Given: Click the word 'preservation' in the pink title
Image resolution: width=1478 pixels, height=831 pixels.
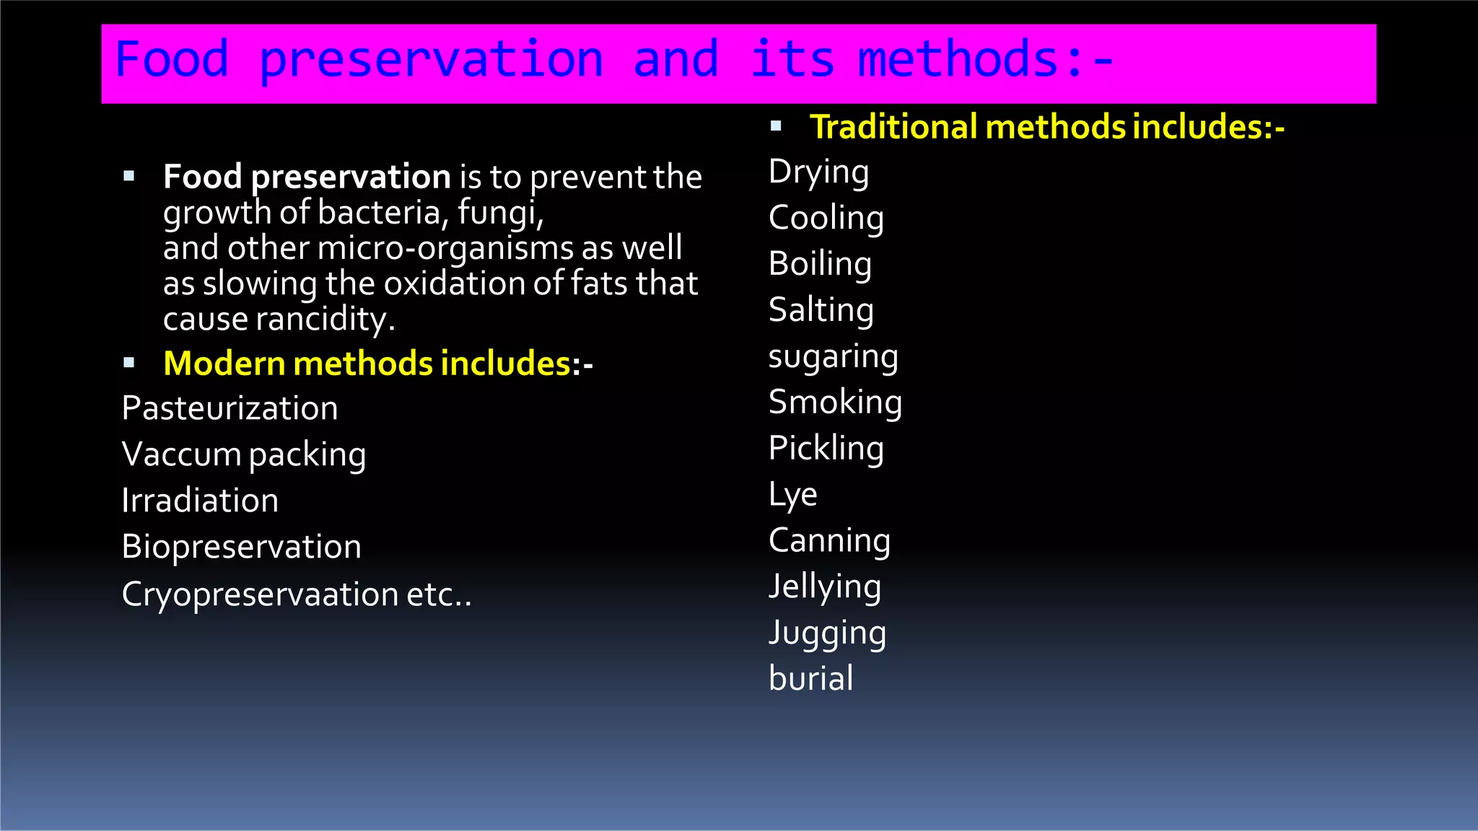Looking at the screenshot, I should click(x=431, y=61).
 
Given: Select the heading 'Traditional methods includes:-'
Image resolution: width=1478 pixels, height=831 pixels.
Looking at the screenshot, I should click(x=1046, y=127).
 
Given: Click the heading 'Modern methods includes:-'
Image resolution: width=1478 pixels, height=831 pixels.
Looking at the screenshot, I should click(x=377, y=364).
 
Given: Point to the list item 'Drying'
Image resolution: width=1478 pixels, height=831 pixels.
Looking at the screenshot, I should click(x=818, y=173).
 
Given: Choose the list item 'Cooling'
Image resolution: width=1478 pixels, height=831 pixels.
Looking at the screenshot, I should click(x=826, y=219).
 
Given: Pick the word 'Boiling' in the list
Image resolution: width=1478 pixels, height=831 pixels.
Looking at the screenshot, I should click(x=820, y=265).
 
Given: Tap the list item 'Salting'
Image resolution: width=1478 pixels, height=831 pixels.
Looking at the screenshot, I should click(x=821, y=311).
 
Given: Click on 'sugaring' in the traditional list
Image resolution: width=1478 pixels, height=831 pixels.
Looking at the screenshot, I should click(x=833, y=358).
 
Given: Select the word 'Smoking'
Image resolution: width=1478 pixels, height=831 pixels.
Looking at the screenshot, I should click(x=835, y=403).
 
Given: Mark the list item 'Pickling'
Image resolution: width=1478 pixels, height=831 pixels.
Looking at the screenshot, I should click(x=826, y=449).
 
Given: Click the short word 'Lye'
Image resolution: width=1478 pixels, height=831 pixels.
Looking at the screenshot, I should click(x=792, y=496).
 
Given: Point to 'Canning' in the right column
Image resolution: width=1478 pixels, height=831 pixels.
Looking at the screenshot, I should click(x=829, y=541).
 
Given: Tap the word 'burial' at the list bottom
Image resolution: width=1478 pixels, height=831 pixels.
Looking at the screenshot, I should click(x=810, y=679).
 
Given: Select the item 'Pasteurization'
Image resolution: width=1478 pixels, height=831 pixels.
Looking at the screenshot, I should click(x=229, y=409).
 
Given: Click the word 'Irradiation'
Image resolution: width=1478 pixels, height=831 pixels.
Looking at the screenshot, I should click(x=200, y=501).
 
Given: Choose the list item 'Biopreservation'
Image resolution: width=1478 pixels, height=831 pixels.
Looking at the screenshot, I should click(x=241, y=547).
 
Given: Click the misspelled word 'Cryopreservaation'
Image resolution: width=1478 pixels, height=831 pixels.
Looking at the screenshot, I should click(x=260, y=595).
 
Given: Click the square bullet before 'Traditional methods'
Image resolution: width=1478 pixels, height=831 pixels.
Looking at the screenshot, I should click(x=776, y=126).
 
